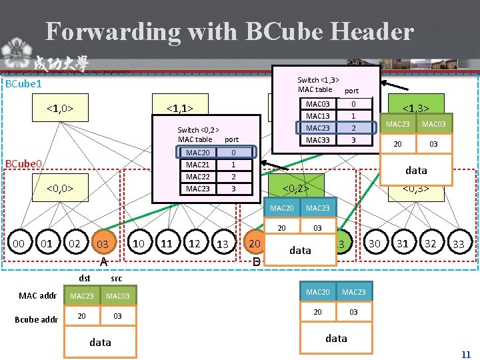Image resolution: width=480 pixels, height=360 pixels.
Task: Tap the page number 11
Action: [x=466, y=355]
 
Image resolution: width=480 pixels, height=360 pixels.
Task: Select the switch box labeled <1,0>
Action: [x=59, y=107]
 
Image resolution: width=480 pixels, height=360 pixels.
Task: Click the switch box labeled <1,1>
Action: [x=180, y=107]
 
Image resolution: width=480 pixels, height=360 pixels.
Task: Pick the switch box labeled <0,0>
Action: [x=59, y=189]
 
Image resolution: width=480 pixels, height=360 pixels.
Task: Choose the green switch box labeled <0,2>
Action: [x=296, y=189]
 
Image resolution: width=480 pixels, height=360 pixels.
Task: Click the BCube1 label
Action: [x=23, y=84]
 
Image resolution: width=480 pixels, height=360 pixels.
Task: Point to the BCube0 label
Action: [x=23, y=164]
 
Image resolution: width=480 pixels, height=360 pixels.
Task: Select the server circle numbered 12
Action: [x=194, y=243]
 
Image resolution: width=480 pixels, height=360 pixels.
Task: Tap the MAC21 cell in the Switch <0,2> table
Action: [x=197, y=165]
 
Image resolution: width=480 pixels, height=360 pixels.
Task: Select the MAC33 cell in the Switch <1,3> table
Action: [x=317, y=141]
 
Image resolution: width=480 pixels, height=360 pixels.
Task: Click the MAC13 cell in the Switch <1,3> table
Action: [x=317, y=116]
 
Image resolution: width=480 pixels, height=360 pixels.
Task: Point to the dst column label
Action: [x=85, y=278]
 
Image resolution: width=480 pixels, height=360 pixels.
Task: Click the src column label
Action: [x=116, y=278]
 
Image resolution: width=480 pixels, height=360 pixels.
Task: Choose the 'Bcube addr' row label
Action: [x=37, y=319]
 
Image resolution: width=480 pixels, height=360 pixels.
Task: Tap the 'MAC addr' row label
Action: [x=38, y=295]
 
